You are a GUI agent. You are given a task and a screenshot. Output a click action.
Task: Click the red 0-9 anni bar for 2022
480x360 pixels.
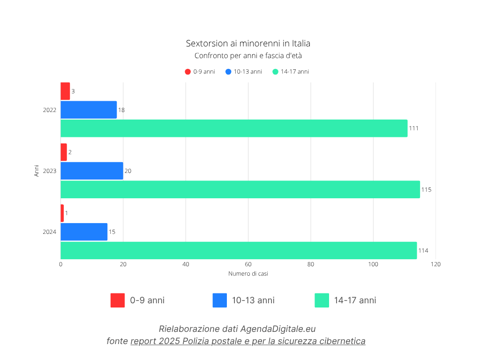(x=65, y=91)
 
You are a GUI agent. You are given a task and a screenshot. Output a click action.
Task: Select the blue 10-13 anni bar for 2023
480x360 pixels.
(x=92, y=171)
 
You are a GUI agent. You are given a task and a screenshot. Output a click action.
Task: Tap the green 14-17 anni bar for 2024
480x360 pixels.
(x=239, y=250)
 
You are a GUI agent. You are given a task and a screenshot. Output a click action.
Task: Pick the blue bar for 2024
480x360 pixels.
(x=84, y=232)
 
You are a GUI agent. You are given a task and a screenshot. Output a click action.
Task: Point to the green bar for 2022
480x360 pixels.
(x=234, y=128)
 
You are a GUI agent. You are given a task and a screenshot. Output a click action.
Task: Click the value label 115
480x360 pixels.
(x=426, y=190)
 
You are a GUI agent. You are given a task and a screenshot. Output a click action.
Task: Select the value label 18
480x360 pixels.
(x=121, y=110)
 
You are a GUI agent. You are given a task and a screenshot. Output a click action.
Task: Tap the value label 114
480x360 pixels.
(x=423, y=251)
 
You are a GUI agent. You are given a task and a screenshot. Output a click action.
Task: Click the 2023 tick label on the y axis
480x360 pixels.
(x=50, y=171)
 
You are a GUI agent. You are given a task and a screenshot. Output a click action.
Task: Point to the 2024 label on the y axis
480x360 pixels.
(x=50, y=232)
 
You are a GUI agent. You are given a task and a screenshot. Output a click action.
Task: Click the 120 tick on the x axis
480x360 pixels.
(x=435, y=264)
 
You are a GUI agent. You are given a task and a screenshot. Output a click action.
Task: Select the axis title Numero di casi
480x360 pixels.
(x=248, y=273)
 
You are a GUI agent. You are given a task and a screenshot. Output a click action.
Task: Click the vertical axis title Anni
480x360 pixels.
(x=37, y=171)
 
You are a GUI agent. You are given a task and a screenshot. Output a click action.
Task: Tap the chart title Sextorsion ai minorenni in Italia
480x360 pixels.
(x=248, y=44)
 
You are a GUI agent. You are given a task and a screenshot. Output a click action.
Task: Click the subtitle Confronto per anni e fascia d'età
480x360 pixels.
(x=248, y=56)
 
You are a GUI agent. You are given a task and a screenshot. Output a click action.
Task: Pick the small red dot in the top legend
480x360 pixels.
(x=187, y=72)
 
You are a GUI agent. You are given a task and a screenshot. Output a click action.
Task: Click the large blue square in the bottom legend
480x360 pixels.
(x=219, y=300)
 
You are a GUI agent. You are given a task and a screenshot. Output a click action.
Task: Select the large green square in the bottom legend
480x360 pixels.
(x=322, y=300)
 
